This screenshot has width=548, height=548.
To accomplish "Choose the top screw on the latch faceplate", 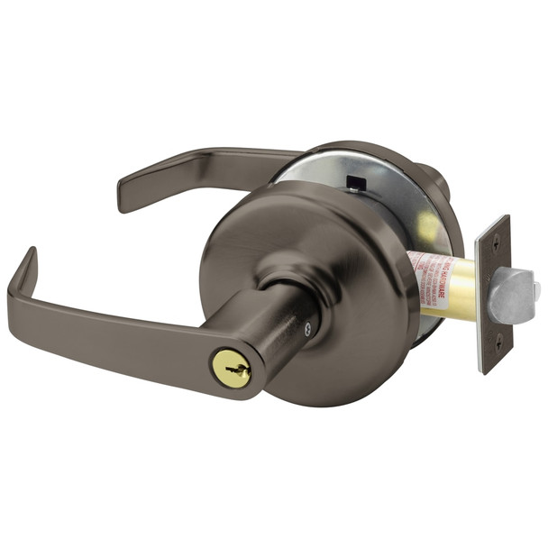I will pos(494,236).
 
